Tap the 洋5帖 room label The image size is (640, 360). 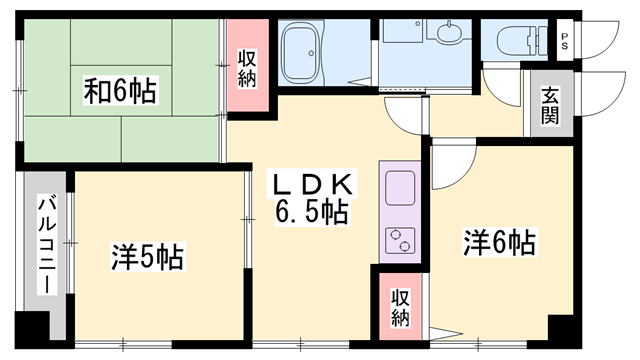146,257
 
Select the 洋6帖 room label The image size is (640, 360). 498,242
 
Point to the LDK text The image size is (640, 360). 314,185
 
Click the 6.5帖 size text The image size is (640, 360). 312,211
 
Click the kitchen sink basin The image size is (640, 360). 400,188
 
